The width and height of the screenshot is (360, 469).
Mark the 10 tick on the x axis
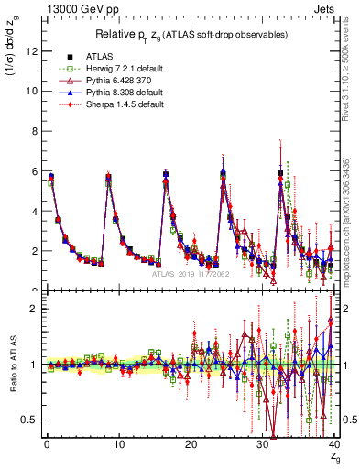118,445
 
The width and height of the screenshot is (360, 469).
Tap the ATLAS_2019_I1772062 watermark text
191,273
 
